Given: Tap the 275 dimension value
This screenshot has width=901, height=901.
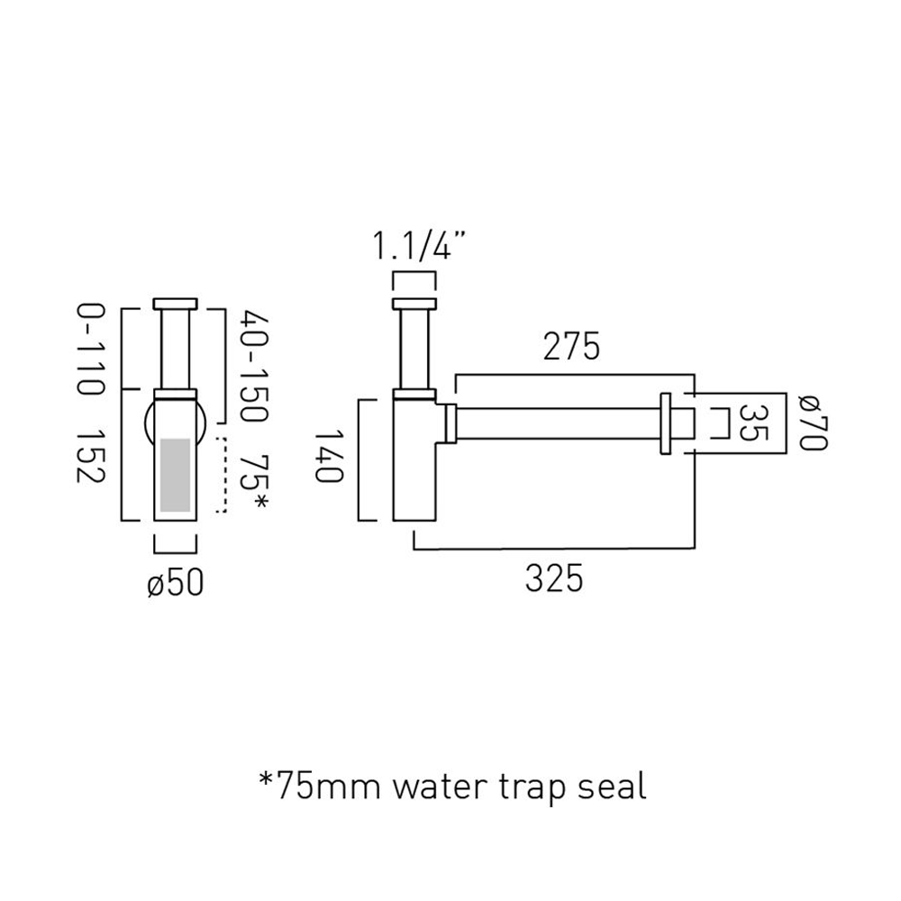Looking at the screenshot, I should point(571,347).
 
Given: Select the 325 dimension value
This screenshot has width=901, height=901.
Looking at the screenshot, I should point(554,578).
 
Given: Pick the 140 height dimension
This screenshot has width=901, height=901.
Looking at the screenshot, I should point(330,460).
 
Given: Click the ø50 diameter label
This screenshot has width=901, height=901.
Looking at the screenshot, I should point(175,583).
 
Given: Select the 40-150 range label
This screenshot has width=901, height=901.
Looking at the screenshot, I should point(253,367).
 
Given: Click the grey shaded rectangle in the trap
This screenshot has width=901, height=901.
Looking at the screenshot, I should point(176,475).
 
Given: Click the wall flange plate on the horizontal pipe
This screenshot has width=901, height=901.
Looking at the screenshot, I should point(668,422).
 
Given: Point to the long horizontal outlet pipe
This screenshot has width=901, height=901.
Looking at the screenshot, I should point(559,423).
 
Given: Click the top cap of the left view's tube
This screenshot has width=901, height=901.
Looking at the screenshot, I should point(176,304).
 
